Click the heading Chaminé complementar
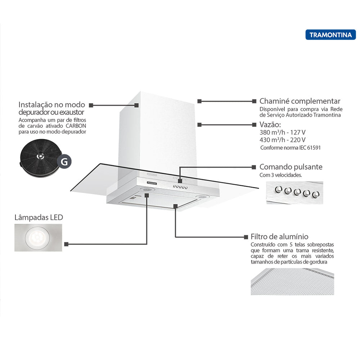300,101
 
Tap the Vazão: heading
270,125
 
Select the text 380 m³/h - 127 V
282,132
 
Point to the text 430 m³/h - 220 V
282,140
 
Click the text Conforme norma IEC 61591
290,148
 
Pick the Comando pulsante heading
291,167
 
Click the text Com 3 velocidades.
280,175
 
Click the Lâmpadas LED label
39,217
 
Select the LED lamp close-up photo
38,238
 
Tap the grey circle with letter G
64,162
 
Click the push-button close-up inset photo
295,193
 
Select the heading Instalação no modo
52,105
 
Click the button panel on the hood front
180,186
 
